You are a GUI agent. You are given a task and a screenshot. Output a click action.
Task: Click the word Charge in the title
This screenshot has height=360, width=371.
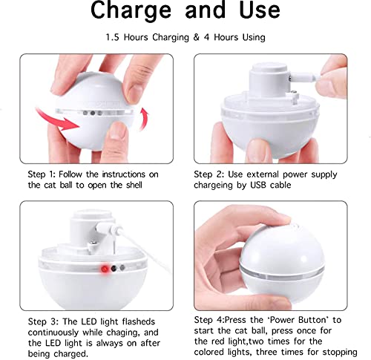click(x=131, y=10)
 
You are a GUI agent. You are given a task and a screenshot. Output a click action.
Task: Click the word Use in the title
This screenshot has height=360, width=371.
click(x=260, y=10)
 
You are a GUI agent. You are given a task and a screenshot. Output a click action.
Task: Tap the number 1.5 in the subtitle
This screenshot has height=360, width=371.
click(x=112, y=37)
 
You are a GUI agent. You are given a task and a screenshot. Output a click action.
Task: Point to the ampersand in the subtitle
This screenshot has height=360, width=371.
click(x=196, y=37)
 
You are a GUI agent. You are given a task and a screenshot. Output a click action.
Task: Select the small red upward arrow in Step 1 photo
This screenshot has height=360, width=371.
click(x=144, y=119)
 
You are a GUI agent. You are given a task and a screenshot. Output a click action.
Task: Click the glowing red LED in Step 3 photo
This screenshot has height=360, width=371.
click(x=105, y=269)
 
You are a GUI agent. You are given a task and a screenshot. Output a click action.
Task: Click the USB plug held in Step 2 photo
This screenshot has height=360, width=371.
click(x=305, y=78)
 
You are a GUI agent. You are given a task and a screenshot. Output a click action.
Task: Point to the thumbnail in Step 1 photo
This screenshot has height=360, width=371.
click(x=118, y=131)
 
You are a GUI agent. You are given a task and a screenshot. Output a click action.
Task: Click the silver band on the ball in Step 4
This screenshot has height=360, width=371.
click(x=282, y=274)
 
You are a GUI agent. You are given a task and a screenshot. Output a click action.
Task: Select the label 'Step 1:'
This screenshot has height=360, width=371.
click(x=42, y=174)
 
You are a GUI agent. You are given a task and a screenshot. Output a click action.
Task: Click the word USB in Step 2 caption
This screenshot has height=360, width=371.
click(x=259, y=185)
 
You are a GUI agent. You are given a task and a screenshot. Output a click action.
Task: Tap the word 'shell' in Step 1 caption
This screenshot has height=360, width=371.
click(x=134, y=185)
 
